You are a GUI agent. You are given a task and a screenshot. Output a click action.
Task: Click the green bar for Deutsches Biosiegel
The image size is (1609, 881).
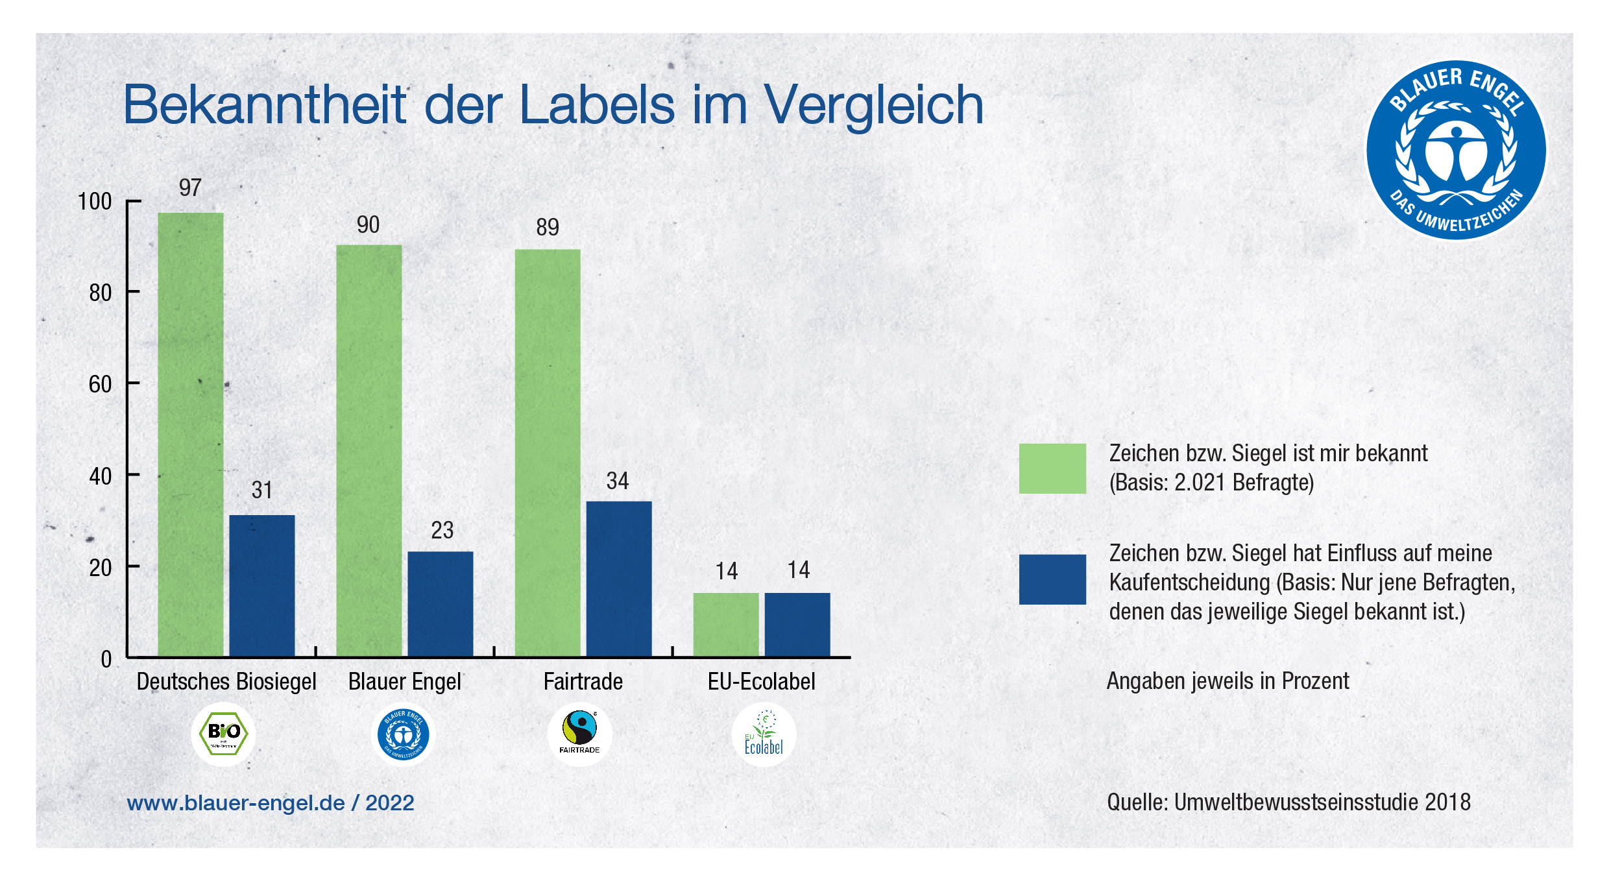click(190, 435)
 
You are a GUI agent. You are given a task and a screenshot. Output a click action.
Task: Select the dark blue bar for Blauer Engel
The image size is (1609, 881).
click(440, 603)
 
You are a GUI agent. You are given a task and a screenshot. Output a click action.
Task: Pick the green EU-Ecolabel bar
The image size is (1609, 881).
click(725, 624)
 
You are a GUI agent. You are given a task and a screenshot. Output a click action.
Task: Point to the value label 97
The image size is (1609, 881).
click(190, 188)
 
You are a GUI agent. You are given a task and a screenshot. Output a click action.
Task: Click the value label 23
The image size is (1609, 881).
click(442, 531)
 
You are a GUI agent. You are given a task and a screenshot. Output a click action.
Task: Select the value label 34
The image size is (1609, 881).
click(617, 481)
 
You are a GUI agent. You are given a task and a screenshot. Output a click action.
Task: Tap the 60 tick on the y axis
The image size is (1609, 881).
click(100, 385)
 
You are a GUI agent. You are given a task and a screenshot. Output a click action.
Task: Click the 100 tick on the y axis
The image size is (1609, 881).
click(95, 202)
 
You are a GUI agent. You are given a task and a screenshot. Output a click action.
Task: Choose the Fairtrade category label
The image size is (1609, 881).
click(583, 682)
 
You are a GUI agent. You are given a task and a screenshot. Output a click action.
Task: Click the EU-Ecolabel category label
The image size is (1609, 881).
click(761, 682)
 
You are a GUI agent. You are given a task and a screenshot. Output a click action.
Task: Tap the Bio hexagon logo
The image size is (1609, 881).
click(223, 734)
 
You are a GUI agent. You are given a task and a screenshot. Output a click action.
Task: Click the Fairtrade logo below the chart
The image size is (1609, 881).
click(579, 733)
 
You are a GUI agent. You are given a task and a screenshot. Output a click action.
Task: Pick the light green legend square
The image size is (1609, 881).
click(1052, 468)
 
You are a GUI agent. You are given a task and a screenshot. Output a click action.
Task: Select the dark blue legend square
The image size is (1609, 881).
click(1052, 579)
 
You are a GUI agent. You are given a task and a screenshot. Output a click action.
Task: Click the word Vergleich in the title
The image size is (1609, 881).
click(873, 106)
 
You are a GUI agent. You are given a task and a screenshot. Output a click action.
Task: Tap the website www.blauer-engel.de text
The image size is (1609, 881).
click(236, 803)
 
